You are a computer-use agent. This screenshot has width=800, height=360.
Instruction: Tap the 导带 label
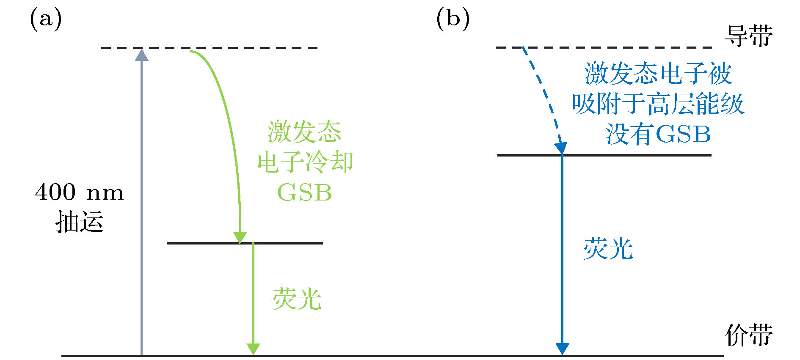point(748,36)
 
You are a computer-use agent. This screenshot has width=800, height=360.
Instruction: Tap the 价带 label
point(748,335)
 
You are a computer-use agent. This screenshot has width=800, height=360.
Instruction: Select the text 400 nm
point(79,193)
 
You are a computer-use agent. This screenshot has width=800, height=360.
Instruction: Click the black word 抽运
point(79,222)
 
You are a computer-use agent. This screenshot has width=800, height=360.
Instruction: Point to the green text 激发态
point(304,132)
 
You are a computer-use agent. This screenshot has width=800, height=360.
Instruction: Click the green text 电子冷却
point(305,162)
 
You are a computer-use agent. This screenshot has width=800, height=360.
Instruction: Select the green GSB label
point(304,193)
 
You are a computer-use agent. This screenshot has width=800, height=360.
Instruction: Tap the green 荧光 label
point(297,300)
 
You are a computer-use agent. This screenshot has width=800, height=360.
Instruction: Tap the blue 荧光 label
point(608,249)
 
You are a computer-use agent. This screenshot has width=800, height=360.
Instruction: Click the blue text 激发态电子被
point(658,74)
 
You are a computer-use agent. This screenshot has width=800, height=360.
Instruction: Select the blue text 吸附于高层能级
point(658,104)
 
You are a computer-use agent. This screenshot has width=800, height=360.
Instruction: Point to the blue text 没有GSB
point(658,135)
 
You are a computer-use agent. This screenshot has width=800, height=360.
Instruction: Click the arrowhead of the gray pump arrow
point(141,55)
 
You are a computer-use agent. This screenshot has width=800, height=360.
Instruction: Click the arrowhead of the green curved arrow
point(240,237)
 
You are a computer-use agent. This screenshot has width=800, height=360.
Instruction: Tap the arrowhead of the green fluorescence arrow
point(253,349)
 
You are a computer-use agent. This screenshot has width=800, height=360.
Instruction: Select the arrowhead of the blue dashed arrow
point(560,148)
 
